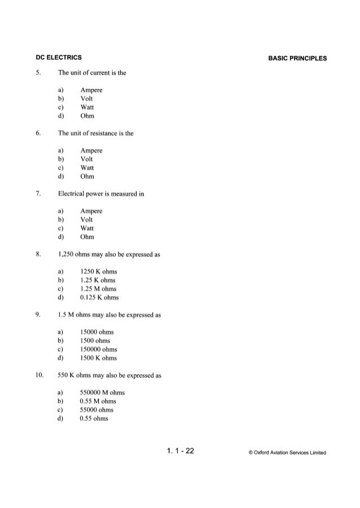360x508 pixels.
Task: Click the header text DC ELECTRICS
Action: coord(56,57)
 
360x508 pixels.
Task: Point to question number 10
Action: coord(39,375)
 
